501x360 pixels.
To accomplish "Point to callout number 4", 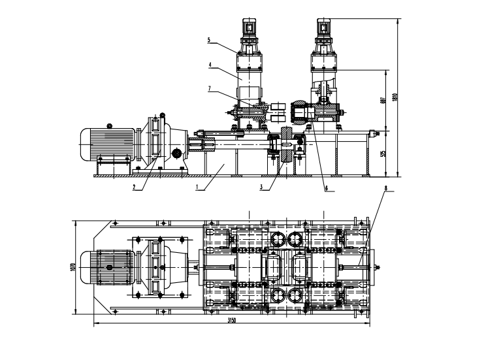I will coord(210,65).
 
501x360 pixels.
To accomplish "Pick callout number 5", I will coord(208,40).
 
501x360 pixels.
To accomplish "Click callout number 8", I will coord(385,188).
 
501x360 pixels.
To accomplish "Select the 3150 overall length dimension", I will coord(231,321).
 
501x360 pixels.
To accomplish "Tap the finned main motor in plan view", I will coord(108,267).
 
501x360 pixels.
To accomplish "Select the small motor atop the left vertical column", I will coord(250,26).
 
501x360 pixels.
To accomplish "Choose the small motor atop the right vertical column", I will coord(325,26).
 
